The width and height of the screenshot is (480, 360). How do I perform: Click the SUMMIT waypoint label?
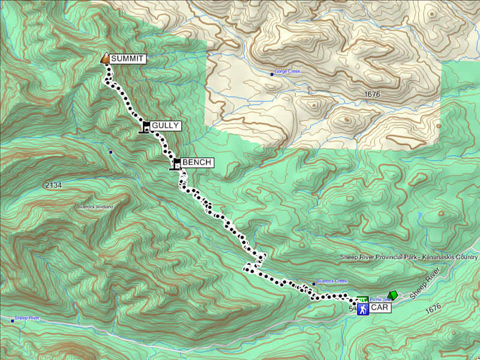[127, 59]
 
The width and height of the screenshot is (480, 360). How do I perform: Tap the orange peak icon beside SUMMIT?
[104, 58]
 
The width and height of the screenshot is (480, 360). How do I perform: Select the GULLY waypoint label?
[165, 125]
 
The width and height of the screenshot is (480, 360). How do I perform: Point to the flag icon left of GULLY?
[145, 126]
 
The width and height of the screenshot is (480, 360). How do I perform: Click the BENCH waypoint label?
[196, 163]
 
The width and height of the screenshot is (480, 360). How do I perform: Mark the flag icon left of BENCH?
[176, 163]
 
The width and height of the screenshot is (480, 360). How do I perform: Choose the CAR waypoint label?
[379, 308]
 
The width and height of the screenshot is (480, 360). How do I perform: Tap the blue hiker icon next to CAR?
[362, 308]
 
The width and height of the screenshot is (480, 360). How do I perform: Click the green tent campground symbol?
[393, 295]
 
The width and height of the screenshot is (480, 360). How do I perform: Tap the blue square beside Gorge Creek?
[271, 74]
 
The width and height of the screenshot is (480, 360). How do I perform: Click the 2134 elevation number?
[53, 186]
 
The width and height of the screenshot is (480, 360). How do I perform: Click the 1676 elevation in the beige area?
[372, 95]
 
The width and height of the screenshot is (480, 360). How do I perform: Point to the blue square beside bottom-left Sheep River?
[13, 320]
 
